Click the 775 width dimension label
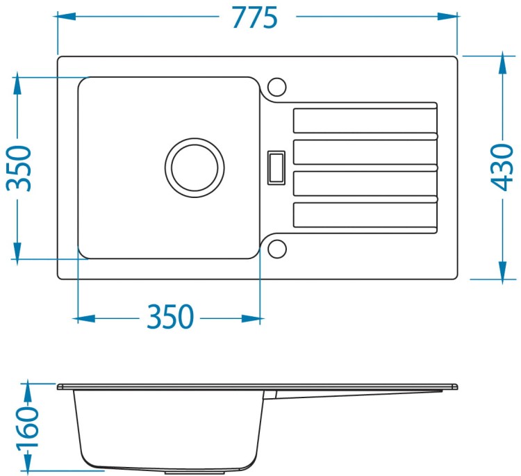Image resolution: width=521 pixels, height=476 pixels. (255, 18)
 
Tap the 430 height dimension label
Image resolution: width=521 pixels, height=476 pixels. (502, 167)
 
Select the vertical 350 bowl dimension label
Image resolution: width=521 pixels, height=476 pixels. (19, 169)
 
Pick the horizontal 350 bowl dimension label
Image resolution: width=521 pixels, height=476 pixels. (169, 316)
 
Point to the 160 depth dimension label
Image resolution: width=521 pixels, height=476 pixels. (27, 427)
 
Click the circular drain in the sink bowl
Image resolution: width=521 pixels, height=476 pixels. (195, 168)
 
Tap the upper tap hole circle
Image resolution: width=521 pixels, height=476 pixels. (276, 87)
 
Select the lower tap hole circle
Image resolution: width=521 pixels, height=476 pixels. (276, 249)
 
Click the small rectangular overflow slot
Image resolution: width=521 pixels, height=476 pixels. (276, 168)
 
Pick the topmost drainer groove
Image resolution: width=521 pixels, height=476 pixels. (365, 121)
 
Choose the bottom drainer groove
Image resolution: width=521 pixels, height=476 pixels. (365, 215)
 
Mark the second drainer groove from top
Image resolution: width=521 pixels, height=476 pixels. (365, 152)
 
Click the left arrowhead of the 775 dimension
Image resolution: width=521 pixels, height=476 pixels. (67, 16)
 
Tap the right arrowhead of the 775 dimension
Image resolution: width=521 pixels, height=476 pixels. (448, 16)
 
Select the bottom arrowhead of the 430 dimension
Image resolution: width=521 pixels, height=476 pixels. (503, 270)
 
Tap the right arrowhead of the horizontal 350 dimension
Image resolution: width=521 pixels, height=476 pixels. (251, 318)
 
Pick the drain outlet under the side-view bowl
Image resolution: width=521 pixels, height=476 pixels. (196, 472)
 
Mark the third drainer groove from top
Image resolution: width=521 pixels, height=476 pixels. (365, 183)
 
